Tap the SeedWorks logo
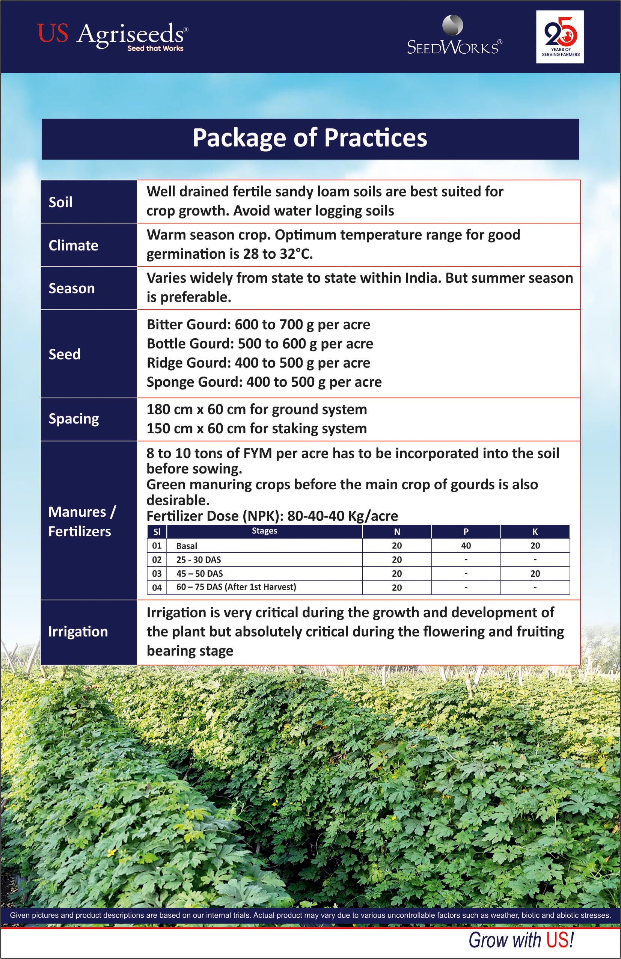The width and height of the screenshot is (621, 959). click(454, 36)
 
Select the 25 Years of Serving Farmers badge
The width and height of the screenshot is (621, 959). click(560, 37)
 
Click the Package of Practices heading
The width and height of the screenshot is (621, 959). click(310, 138)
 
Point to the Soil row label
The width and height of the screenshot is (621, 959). click(60, 202)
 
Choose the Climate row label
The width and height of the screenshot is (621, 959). click(73, 246)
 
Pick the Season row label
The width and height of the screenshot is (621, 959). click(72, 288)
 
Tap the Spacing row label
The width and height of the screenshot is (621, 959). click(74, 419)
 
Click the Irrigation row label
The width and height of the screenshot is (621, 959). click(78, 632)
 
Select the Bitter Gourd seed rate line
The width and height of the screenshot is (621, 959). click(258, 325)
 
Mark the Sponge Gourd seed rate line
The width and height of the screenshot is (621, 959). click(264, 382)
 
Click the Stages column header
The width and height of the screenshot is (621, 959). click(264, 531)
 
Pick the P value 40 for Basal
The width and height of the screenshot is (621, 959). click(466, 546)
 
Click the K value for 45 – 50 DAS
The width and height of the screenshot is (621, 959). click(535, 573)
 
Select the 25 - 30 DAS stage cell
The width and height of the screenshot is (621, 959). click(199, 560)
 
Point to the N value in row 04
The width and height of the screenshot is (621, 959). click(397, 588)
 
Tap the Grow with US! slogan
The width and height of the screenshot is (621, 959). click(521, 940)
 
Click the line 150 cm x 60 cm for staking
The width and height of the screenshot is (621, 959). click(257, 429)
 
